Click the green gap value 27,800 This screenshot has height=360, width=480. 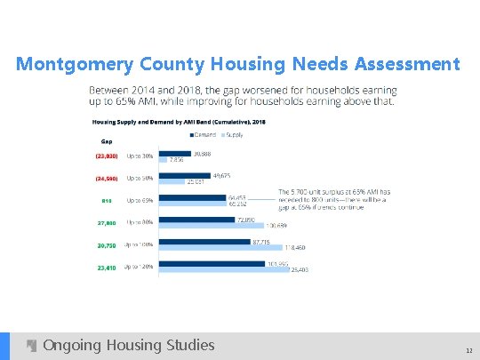click(106, 222)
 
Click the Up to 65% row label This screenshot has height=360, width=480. click(140, 201)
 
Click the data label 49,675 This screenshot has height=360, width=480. click(223, 175)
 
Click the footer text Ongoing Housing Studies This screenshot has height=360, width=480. click(128, 345)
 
